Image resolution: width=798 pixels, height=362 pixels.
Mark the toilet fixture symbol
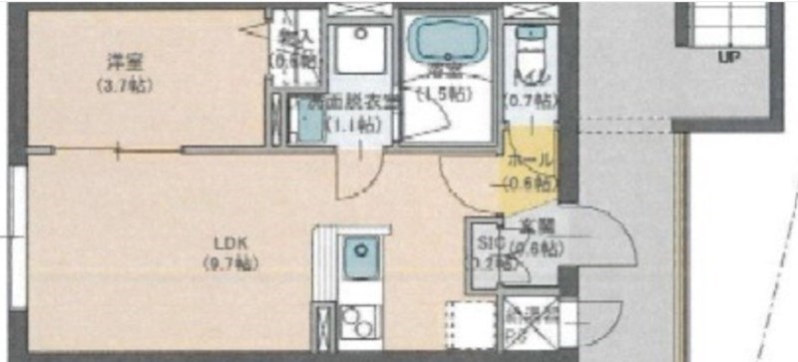pos(526,45)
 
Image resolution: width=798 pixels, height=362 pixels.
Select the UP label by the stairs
pos(728,57)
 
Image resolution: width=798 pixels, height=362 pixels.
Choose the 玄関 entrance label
pos(537,227)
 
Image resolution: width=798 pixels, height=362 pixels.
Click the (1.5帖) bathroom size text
pos(444,95)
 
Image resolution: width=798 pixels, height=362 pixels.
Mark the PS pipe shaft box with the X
pos(527,324)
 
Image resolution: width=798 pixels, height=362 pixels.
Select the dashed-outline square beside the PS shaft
pos(469,324)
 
